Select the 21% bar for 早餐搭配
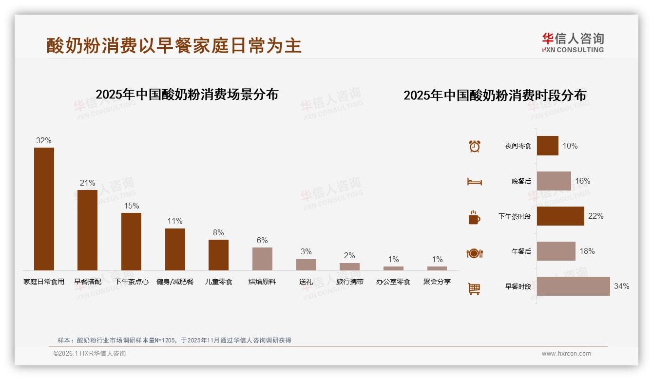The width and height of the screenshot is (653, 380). coord(87,230)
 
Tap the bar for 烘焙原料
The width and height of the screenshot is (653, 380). coord(262,259)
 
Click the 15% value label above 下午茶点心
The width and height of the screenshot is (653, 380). coord(131,206)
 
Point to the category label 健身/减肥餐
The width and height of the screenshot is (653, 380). coord(175,282)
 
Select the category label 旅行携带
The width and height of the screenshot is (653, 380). coord(349,282)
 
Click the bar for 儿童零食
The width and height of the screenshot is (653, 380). coord(218,255)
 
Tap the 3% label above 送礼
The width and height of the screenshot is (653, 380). coord(306,252)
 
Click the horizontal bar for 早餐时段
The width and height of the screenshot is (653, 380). coord(573,286)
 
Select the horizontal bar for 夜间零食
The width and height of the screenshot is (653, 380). coord(548,146)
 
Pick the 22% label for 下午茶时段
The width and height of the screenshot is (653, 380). coord(595,216)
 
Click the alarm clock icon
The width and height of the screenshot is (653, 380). coord(474,146)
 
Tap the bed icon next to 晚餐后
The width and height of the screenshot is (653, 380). coord(474,182)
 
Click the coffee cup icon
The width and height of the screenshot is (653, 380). coord(474,217)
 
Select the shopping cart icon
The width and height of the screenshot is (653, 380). coord(474,288)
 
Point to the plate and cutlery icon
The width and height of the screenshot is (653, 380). coord(474,253)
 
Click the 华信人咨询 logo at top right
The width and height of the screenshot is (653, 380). coord(573,42)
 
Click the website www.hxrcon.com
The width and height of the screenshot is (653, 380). coord(566,354)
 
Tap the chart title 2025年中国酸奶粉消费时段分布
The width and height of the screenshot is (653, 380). coord(495,95)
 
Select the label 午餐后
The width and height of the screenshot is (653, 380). coord(521,251)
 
